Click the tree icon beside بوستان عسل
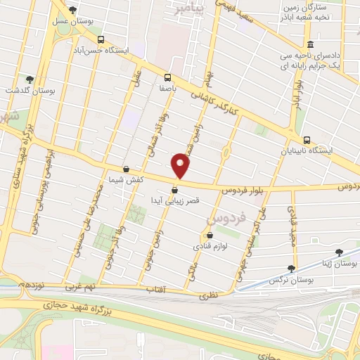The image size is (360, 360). pos(73,10)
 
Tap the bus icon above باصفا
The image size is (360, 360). pos(167,77)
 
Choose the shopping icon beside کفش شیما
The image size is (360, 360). pos(126,169)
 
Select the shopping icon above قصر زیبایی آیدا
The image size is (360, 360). pos(174,190)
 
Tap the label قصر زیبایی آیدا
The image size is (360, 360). pos(175,200)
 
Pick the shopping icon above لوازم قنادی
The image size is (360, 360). pos(209,236)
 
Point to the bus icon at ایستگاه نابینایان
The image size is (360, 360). pos(307,139)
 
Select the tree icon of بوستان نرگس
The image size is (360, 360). pos(291,268)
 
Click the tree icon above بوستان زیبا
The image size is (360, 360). pos(339,251)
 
